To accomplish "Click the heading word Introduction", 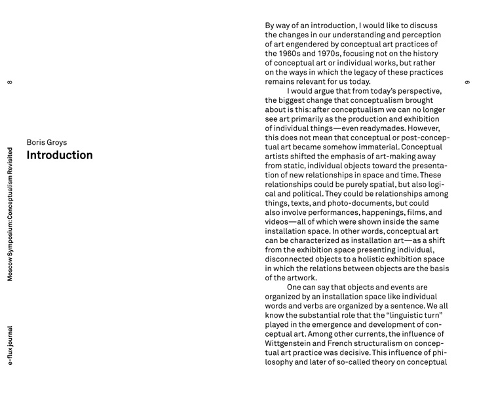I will pyautogui.click(x=60, y=155).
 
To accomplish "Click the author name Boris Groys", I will pyautogui.click(x=47, y=141).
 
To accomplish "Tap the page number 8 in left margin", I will pyautogui.click(x=9, y=82).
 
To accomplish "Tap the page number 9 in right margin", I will pyautogui.click(x=467, y=82).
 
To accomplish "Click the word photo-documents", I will pyautogui.click(x=358, y=203).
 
